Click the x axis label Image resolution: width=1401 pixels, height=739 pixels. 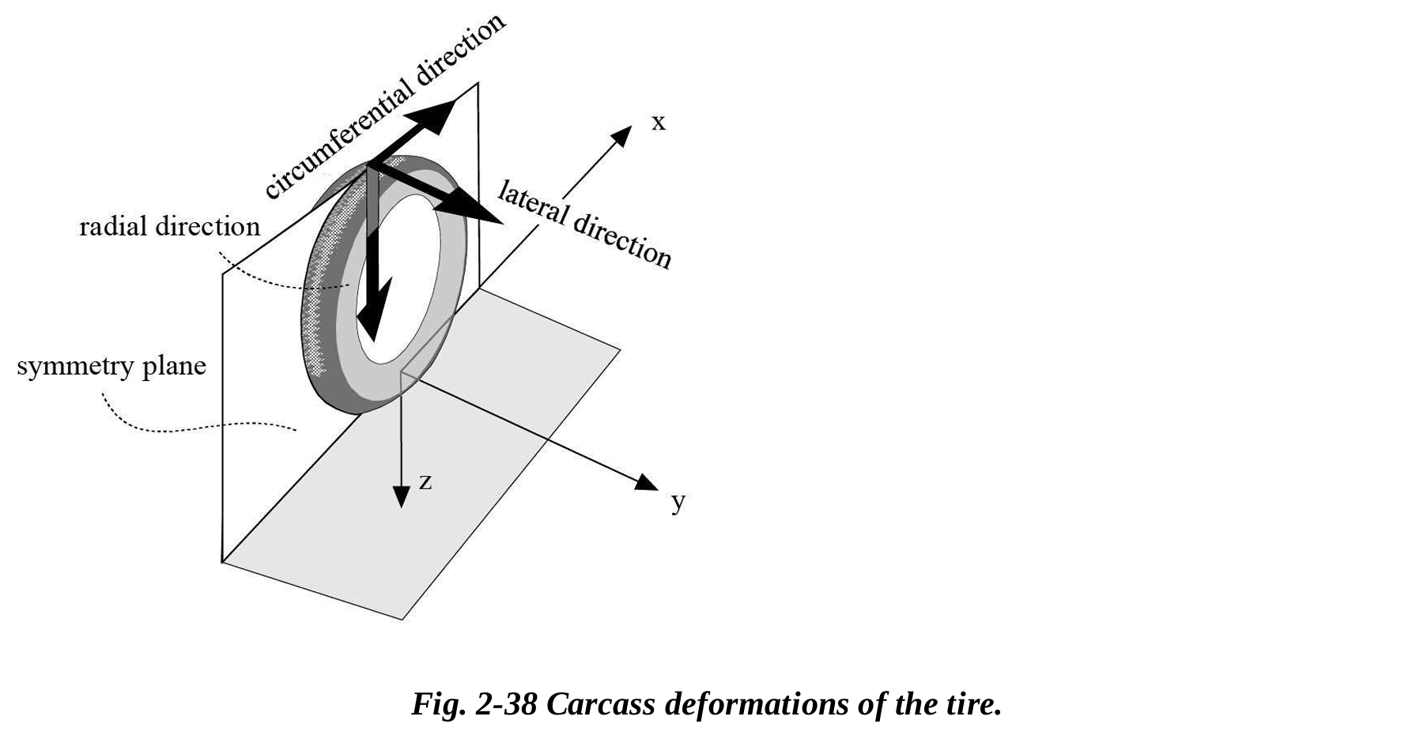click(x=658, y=123)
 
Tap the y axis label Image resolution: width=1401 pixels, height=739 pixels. click(x=678, y=501)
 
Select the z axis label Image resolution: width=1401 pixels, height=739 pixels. click(x=425, y=481)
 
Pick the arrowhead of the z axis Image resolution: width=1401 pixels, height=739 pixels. click(x=402, y=496)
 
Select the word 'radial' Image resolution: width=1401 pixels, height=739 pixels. click(x=113, y=227)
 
